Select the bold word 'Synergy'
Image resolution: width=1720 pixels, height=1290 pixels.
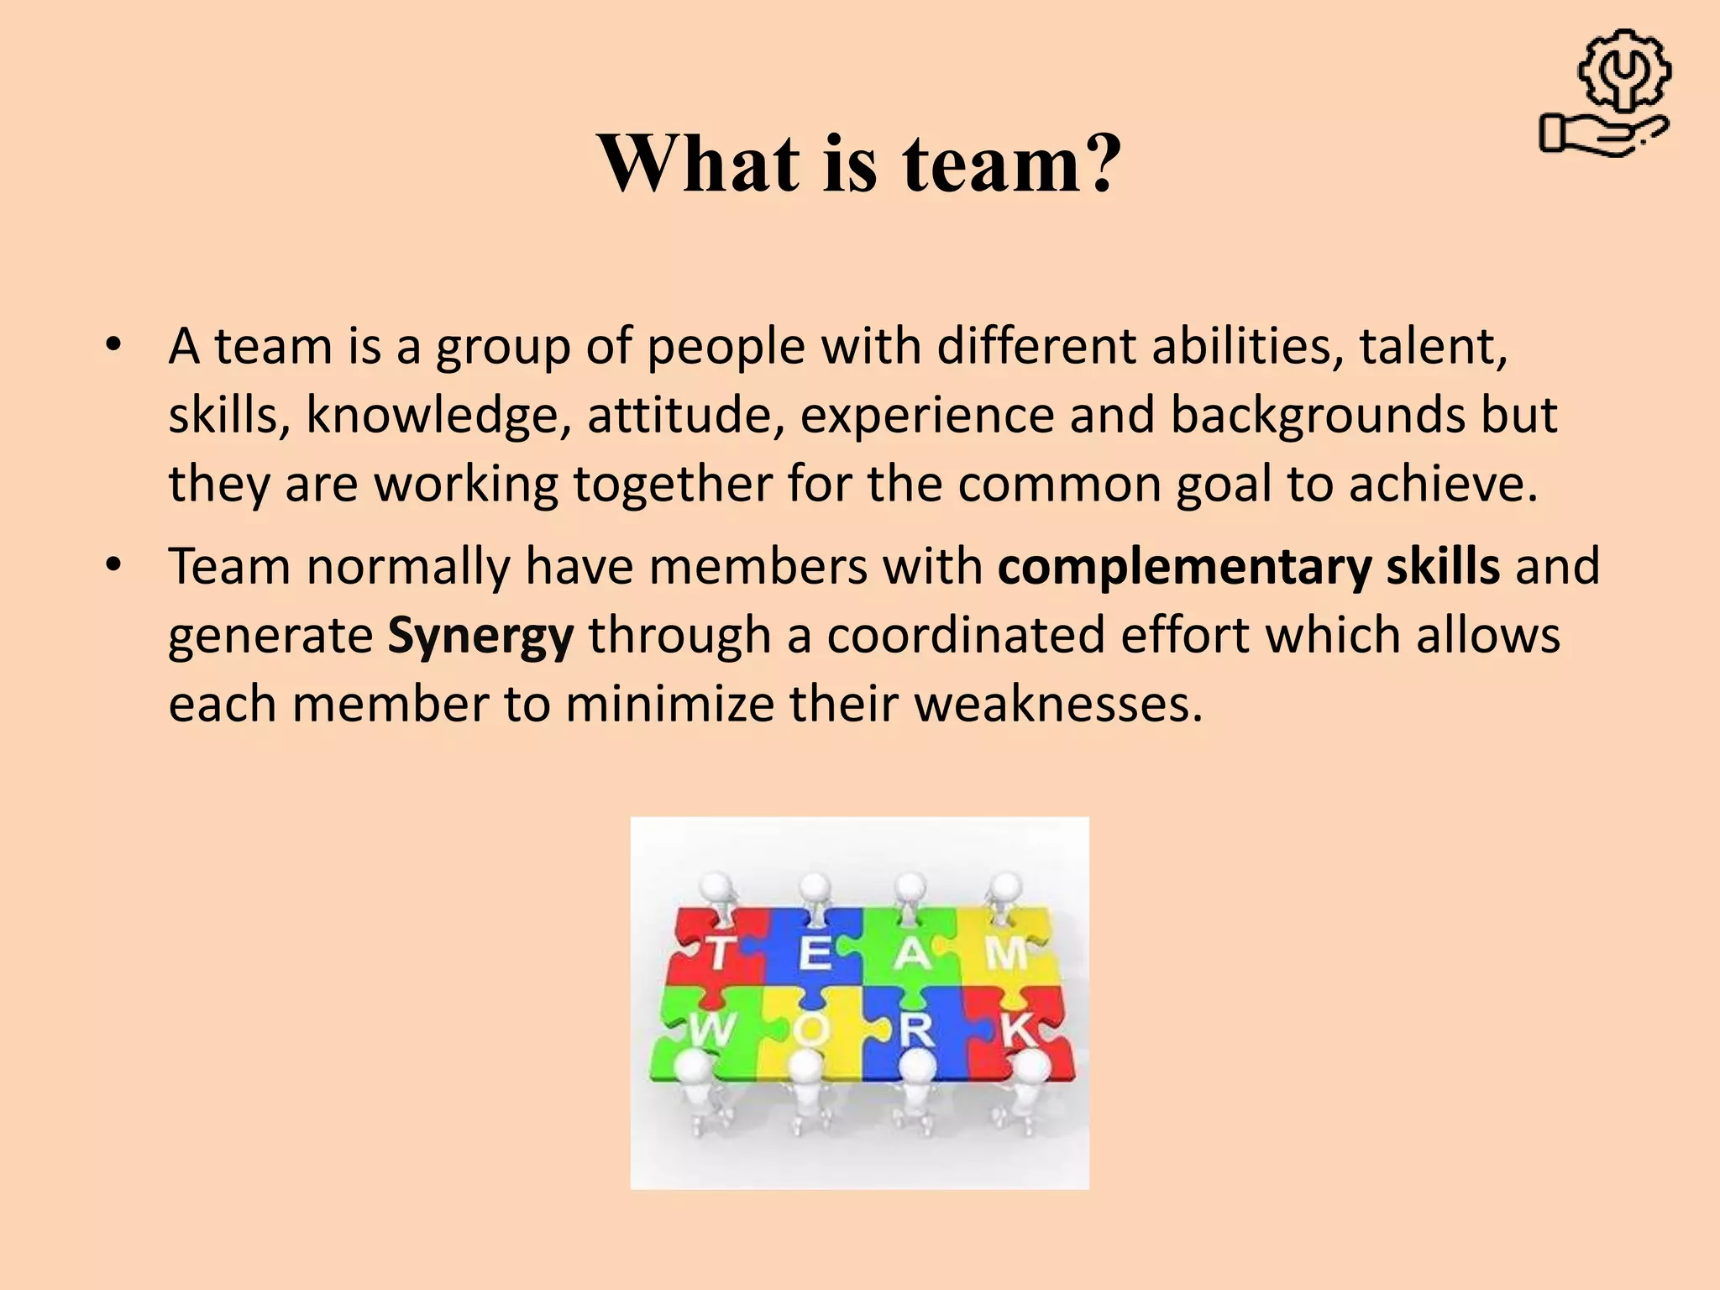pos(480,636)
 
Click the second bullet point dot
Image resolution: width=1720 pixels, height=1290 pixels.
pos(114,565)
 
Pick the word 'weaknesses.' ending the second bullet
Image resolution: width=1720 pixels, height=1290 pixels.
pos(1058,704)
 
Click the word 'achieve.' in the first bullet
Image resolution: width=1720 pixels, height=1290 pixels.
pos(1443,484)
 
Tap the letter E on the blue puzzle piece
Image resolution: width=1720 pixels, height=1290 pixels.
pos(815,953)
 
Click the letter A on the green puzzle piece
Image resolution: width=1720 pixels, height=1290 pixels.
pos(912,953)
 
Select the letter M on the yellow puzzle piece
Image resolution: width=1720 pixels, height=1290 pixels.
pos(1005,953)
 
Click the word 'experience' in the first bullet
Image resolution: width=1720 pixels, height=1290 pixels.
pos(927,416)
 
